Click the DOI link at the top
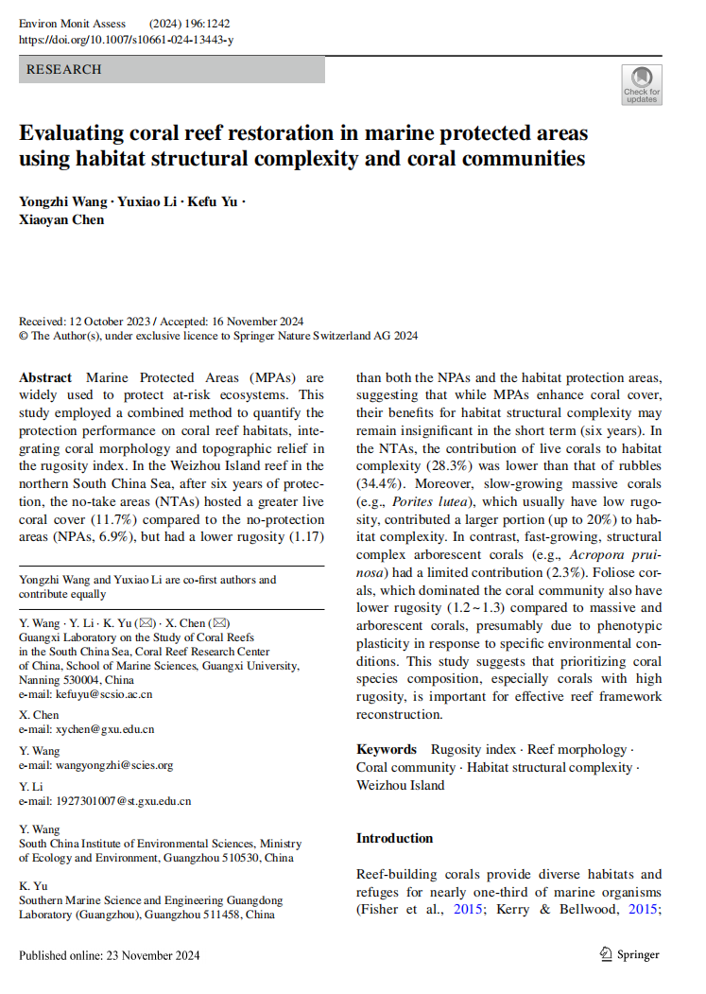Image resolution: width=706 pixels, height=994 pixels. pyautogui.click(x=126, y=40)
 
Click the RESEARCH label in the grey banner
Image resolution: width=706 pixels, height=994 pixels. pyautogui.click(x=63, y=69)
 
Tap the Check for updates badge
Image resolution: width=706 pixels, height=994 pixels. pyautogui.click(x=642, y=84)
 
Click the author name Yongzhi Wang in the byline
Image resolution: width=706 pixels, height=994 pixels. pyautogui.click(x=63, y=201)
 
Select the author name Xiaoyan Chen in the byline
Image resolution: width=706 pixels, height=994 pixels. pyautogui.click(x=61, y=219)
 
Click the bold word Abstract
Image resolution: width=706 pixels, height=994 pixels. pyautogui.click(x=45, y=377)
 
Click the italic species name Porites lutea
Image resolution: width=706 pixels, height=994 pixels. pyautogui.click(x=426, y=501)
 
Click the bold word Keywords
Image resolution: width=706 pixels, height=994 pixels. pyautogui.click(x=387, y=749)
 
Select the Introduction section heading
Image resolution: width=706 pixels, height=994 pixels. pyautogui.click(x=394, y=838)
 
